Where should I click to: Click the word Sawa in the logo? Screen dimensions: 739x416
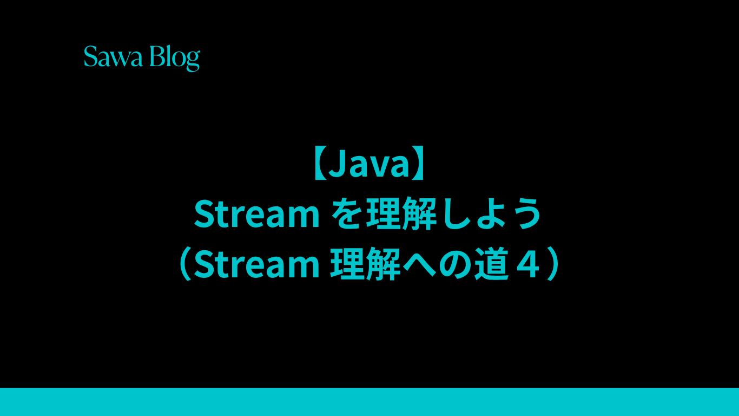click(x=113, y=56)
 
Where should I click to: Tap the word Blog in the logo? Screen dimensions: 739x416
click(x=175, y=58)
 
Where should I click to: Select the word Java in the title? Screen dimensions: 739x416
click(x=369, y=164)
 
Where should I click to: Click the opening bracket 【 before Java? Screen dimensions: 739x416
click(x=319, y=164)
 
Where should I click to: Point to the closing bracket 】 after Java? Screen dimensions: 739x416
click(x=418, y=164)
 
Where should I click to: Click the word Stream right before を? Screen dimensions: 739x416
click(x=256, y=214)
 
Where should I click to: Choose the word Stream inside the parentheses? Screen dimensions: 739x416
click(x=256, y=264)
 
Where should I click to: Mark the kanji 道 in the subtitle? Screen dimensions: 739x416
click(x=491, y=264)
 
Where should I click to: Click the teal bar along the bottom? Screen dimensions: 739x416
click(x=369, y=402)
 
